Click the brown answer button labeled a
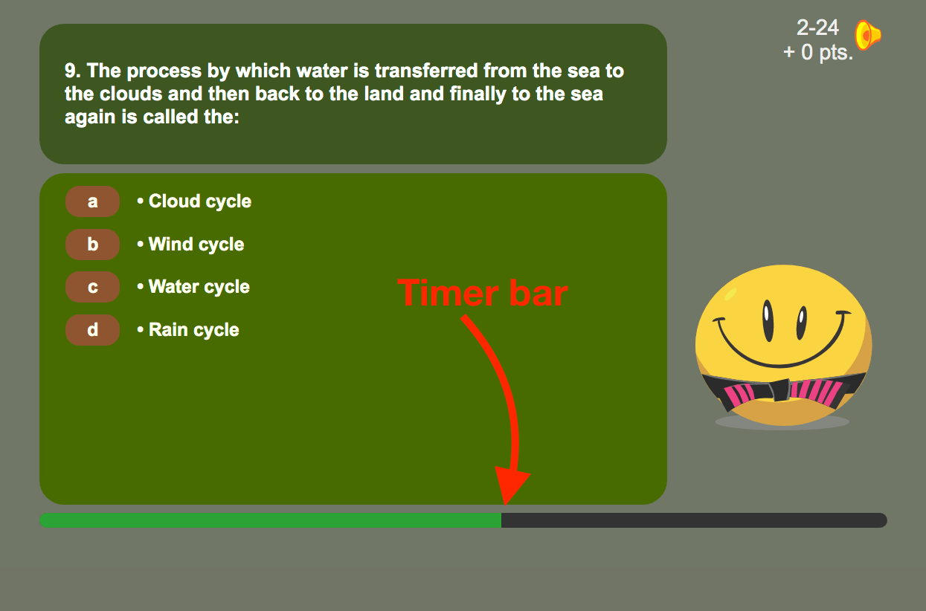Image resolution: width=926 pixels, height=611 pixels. click(x=92, y=201)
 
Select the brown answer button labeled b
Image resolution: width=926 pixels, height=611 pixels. click(x=92, y=245)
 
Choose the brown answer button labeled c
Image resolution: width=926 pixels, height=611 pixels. click(x=92, y=287)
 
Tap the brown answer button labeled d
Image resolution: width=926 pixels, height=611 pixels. click(x=92, y=330)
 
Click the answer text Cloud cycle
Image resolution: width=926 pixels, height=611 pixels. click(x=199, y=201)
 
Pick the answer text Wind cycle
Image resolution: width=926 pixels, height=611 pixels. click(x=196, y=245)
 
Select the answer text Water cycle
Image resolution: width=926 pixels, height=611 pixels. click(x=199, y=287)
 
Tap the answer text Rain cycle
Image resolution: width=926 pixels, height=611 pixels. click(x=193, y=330)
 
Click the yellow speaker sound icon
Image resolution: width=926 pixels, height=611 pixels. click(x=867, y=35)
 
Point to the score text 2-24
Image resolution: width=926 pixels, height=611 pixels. click(x=817, y=28)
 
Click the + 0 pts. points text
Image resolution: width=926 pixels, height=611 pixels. click(x=818, y=53)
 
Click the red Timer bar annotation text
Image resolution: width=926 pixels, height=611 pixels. click(x=483, y=293)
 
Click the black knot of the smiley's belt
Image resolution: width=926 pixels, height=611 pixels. click(x=779, y=389)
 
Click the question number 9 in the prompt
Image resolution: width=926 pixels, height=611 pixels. click(x=71, y=71)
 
